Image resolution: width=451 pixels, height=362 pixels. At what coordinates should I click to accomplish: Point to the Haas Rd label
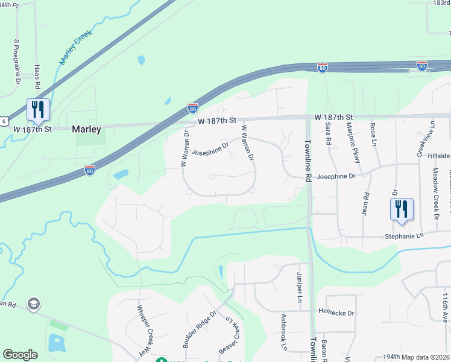point(37,77)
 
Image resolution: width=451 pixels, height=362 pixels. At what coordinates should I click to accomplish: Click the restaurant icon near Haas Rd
point(37,110)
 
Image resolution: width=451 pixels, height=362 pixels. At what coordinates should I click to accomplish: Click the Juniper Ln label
point(300,287)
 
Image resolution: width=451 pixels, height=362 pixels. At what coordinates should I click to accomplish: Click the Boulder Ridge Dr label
point(195,330)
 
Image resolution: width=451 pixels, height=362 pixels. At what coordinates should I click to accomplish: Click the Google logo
point(20,355)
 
